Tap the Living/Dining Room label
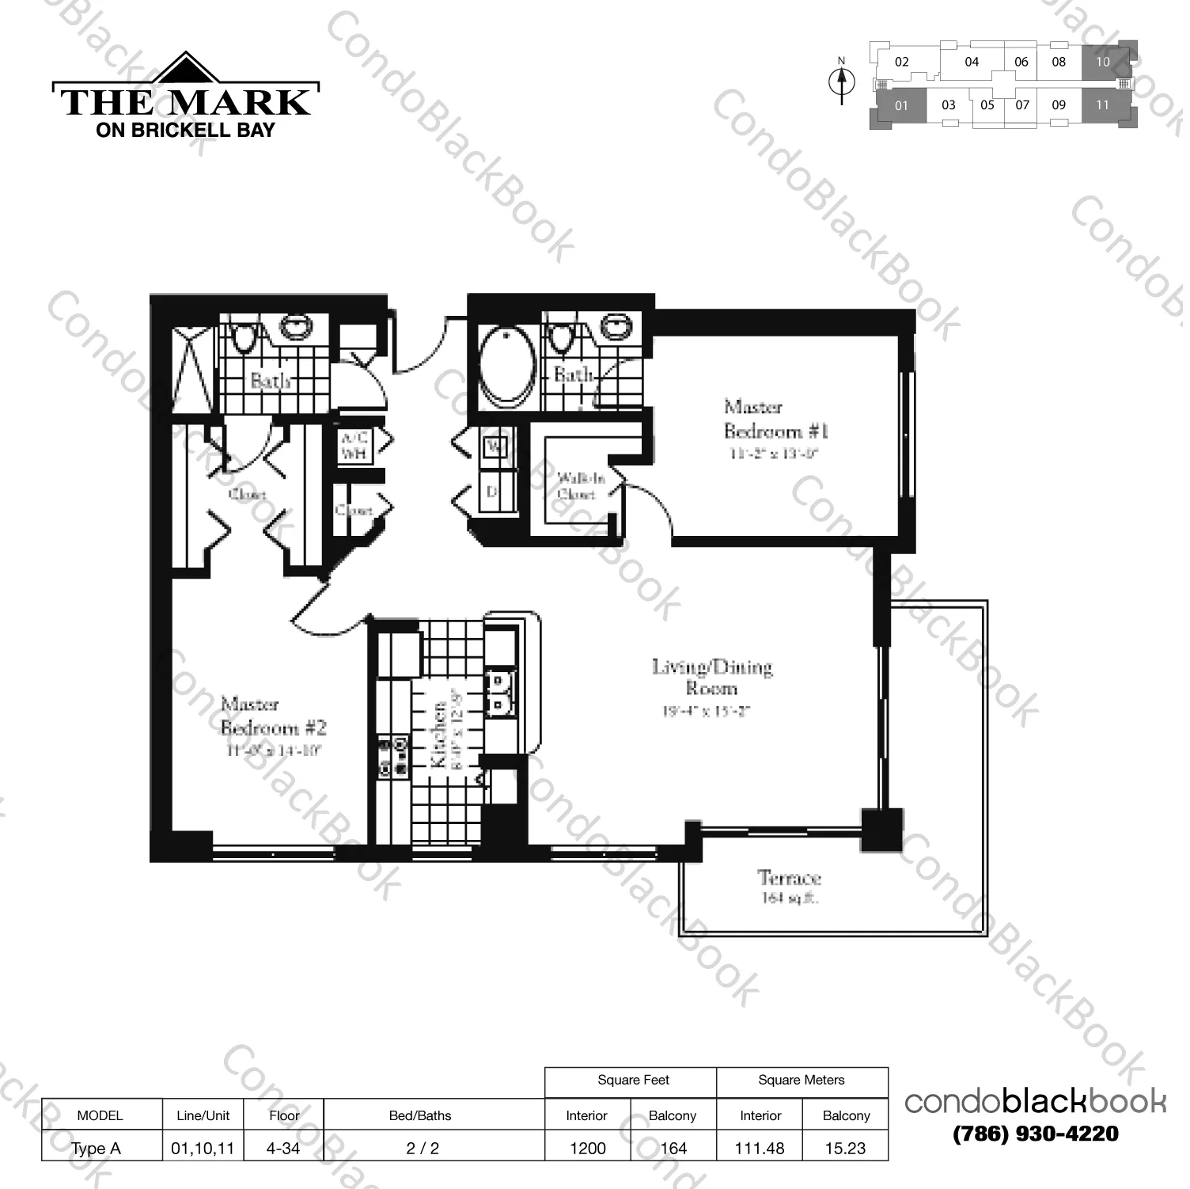(711, 678)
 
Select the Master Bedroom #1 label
(775, 419)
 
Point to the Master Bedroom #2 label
(273, 716)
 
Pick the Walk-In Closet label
(579, 485)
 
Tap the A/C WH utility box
(354, 446)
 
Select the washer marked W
(495, 446)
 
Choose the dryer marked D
(493, 492)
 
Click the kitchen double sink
(498, 692)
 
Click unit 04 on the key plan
(972, 62)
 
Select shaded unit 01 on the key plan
(901, 105)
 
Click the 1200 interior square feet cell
(587, 1148)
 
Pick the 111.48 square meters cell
(759, 1148)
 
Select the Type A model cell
(97, 1149)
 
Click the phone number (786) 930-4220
(1035, 1134)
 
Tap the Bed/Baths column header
(420, 1115)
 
